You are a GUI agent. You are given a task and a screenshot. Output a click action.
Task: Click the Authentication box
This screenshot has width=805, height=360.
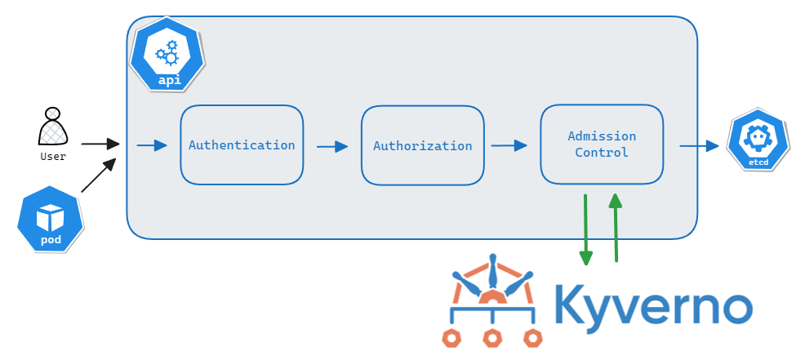coord(242,144)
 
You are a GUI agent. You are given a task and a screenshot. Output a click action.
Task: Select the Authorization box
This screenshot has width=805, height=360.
coord(422,145)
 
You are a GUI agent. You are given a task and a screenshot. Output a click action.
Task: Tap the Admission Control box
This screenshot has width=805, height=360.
coord(602,144)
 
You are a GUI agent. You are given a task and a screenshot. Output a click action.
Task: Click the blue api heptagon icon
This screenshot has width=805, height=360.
coord(168,54)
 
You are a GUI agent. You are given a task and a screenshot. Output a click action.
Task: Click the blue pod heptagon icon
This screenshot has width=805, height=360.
coord(51,219)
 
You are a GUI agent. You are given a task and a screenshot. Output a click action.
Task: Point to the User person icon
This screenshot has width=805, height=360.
coord(53,127)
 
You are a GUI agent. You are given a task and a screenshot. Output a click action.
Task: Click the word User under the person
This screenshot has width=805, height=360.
coord(53,156)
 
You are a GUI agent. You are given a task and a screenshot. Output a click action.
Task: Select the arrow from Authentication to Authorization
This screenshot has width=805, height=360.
coord(331,147)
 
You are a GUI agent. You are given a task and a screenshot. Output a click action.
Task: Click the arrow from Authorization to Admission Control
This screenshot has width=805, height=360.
coord(509,146)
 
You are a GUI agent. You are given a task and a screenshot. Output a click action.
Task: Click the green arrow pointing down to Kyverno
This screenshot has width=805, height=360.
coord(585,229)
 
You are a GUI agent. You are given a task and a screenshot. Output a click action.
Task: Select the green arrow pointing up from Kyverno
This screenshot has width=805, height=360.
coord(616,228)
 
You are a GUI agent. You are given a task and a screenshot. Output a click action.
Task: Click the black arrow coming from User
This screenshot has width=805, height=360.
coord(100,144)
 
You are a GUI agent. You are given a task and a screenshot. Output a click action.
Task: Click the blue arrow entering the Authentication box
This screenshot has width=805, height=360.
coord(151,146)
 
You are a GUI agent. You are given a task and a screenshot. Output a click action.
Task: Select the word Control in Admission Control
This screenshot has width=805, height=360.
coord(602,153)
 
